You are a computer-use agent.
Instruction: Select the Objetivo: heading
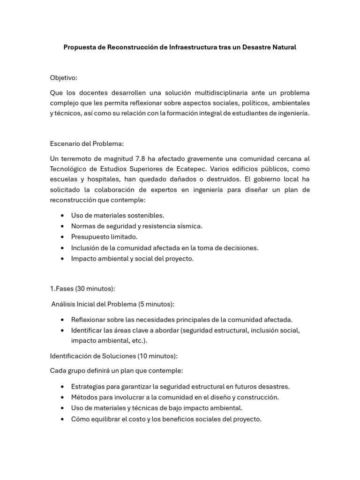tap(63, 77)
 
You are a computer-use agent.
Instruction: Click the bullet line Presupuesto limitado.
tap(104, 237)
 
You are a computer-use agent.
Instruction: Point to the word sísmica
tap(189, 226)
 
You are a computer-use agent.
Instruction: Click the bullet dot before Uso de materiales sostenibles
tap(63, 216)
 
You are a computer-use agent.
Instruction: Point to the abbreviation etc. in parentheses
tap(137, 340)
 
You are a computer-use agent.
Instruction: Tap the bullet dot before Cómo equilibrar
tap(63, 419)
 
